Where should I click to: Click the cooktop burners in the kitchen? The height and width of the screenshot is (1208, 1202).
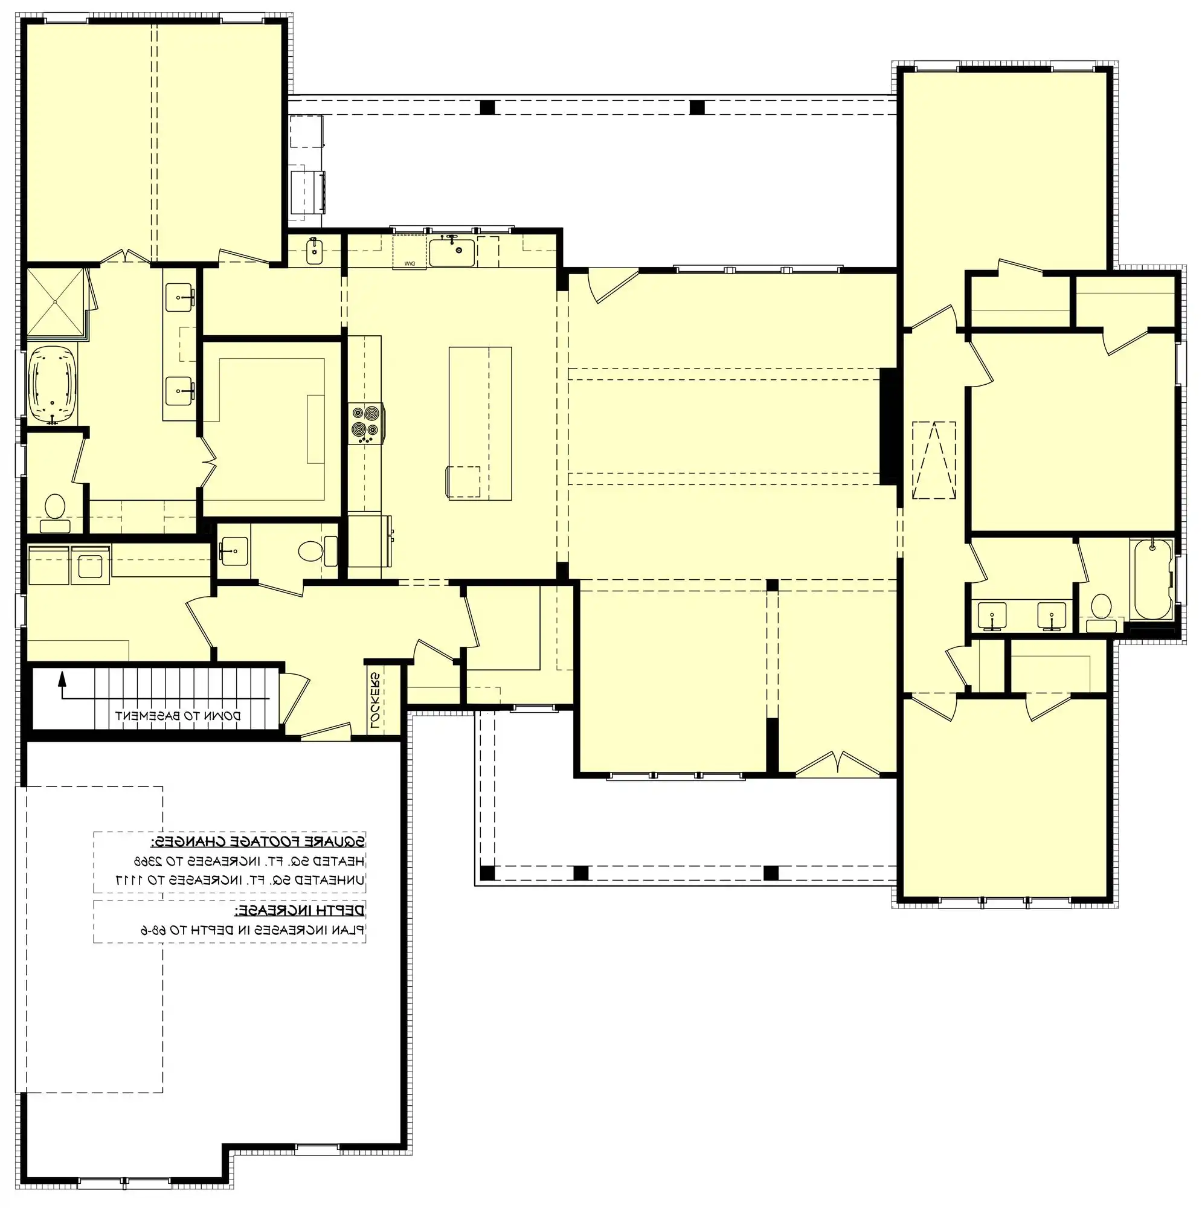pyautogui.click(x=367, y=422)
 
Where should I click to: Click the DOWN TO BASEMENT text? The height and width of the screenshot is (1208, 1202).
pyautogui.click(x=177, y=715)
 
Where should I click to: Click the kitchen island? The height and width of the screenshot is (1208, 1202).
pyautogui.click(x=480, y=423)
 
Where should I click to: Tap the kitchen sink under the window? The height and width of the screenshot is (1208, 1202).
pyautogui.click(x=452, y=251)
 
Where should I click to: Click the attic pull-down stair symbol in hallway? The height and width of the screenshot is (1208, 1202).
pyautogui.click(x=934, y=460)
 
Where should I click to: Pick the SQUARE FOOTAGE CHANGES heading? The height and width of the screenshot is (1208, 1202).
pyautogui.click(x=258, y=840)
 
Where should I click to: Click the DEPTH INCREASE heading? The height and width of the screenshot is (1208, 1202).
pyautogui.click(x=299, y=908)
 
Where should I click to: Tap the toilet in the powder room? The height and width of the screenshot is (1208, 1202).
pyautogui.click(x=310, y=551)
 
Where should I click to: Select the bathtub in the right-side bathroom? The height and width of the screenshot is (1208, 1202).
pyautogui.click(x=1151, y=579)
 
